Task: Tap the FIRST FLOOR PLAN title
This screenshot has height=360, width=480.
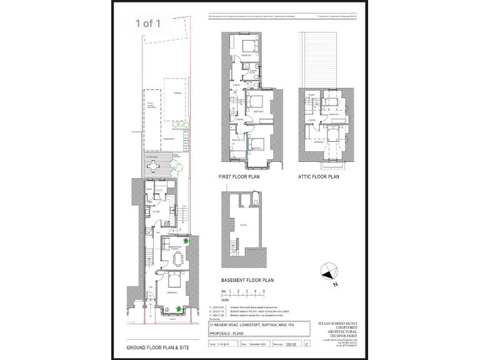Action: click(239, 177)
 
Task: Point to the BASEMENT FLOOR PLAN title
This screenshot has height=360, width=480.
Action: click(248, 281)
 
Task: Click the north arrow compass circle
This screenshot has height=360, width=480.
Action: click(331, 271)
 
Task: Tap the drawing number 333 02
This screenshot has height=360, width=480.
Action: click(290, 344)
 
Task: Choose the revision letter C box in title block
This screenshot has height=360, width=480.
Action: click(306, 344)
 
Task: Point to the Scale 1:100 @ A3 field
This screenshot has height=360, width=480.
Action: click(222, 344)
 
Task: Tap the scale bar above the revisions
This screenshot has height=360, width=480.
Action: click(243, 297)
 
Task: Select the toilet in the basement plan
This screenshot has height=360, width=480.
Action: click(257, 202)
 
